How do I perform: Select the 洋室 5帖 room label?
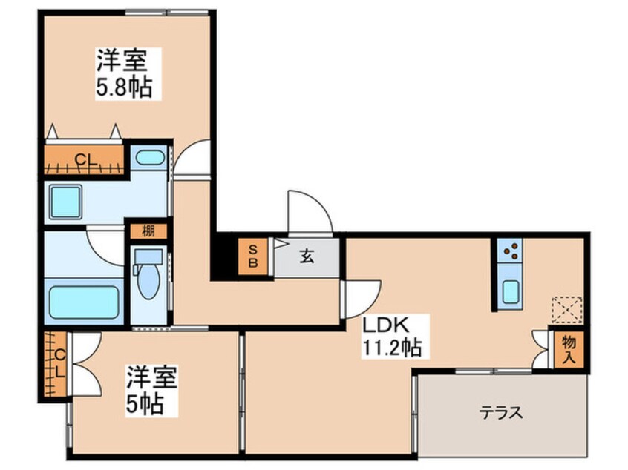tap(151, 391)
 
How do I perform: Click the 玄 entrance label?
tap(307, 257)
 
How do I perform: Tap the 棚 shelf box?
tap(148, 231)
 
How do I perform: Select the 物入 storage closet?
tap(569, 348)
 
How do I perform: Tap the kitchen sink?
tap(511, 291)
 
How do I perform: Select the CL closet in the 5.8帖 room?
tap(83, 158)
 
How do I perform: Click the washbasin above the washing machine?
tap(151, 157)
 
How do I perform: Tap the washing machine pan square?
tap(66, 202)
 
